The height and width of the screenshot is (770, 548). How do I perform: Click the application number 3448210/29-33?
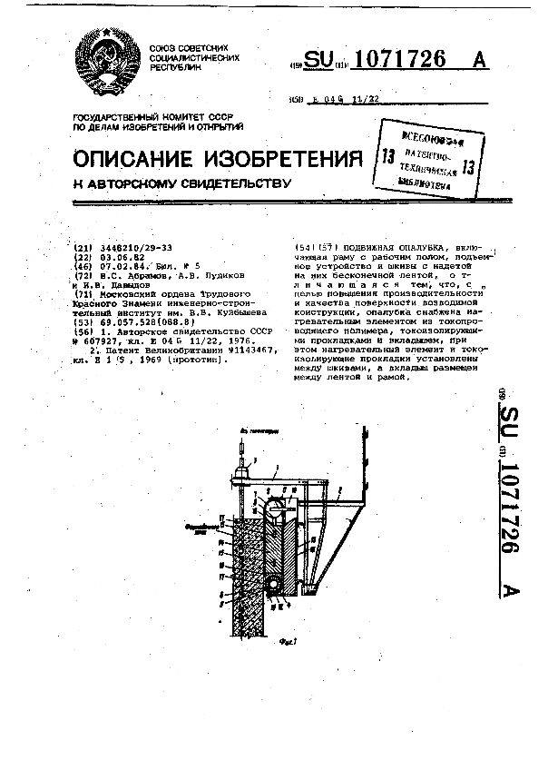pyautogui.click(x=132, y=248)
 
